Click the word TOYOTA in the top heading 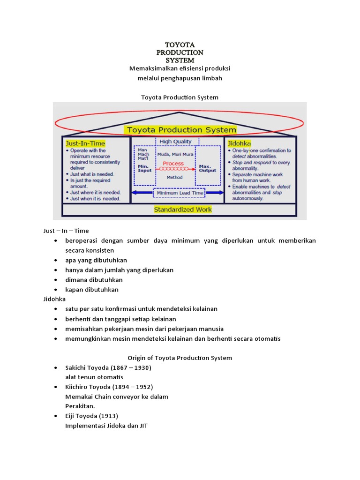[x=180, y=45]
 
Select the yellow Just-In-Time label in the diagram [x=86, y=142]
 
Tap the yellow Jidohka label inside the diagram [x=239, y=142]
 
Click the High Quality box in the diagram [x=175, y=142]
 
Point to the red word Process [x=173, y=164]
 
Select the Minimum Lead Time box [x=180, y=193]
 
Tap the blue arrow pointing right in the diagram [x=214, y=193]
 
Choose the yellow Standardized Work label [x=183, y=210]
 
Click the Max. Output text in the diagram [x=208, y=168]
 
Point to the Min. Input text [x=144, y=168]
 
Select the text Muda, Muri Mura [x=174, y=153]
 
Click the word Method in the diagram [x=174, y=178]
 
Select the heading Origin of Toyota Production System [x=180, y=358]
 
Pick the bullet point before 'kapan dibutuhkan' [x=56, y=290]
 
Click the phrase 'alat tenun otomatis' [x=94, y=377]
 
